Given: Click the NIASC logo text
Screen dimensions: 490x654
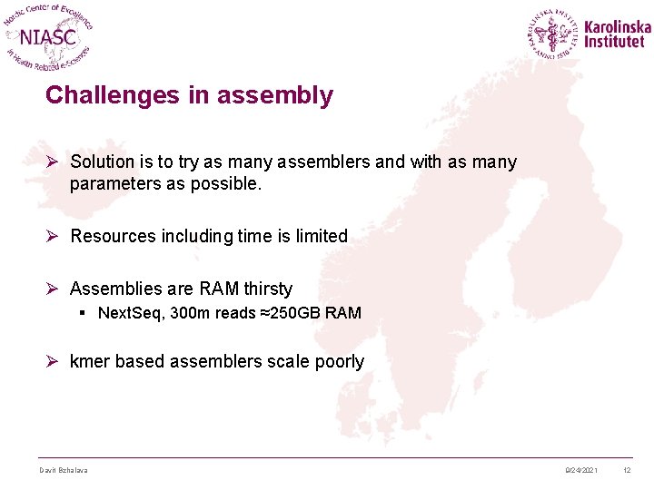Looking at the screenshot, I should coord(49,37).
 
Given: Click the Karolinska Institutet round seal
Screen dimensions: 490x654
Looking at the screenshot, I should coord(553,34).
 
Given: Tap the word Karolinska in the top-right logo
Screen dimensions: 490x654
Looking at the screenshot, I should coord(618,27).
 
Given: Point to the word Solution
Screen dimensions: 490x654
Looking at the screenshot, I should coord(101,162).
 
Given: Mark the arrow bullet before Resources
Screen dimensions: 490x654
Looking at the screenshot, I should coord(53,236).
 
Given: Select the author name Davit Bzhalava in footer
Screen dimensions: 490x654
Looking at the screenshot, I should coord(64,470).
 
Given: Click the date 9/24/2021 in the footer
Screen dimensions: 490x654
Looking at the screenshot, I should coord(580,470).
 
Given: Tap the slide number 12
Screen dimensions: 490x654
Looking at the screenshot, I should coord(627,470).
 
